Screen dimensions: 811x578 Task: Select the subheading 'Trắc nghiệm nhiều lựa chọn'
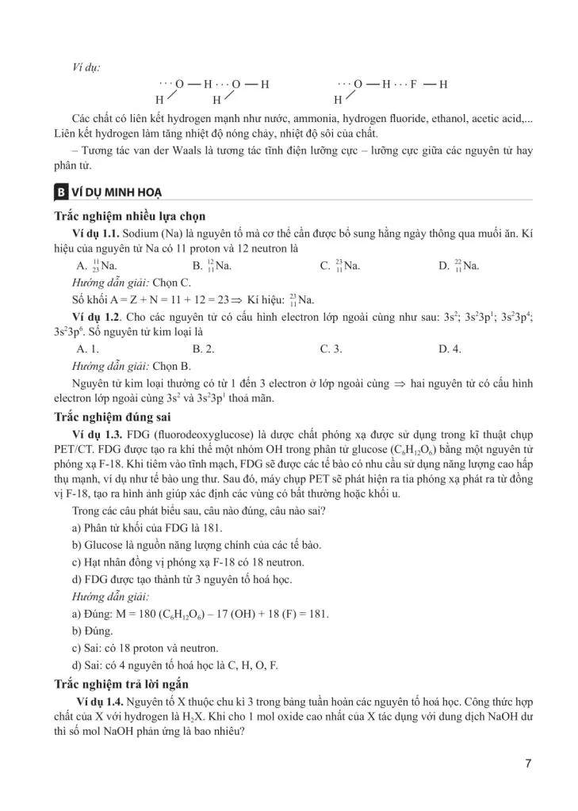[x=131, y=216]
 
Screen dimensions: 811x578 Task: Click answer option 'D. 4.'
[x=450, y=348]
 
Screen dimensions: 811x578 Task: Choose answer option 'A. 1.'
[x=87, y=348]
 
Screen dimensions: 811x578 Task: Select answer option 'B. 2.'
[x=204, y=348]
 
